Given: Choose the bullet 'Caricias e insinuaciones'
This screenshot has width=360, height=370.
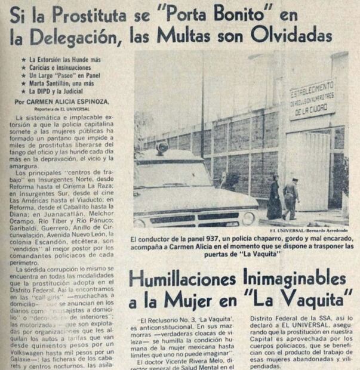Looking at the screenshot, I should (59, 69).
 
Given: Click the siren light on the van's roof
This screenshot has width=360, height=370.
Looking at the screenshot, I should (162, 147).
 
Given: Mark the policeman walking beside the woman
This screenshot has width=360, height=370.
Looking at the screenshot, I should (291, 198).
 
